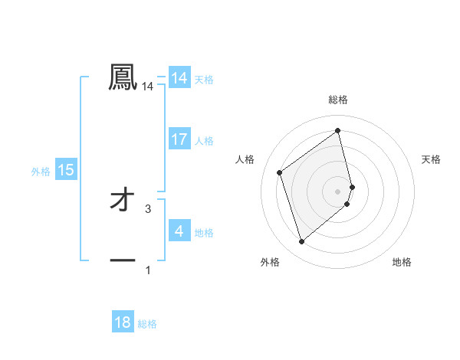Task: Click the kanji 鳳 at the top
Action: point(123,78)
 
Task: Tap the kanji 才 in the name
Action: point(123,201)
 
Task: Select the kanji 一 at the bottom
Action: point(123,260)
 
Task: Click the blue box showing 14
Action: point(179,78)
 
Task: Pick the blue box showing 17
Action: point(179,139)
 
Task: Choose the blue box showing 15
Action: point(66,170)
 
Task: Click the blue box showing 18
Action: point(123,322)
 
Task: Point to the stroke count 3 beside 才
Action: point(148,208)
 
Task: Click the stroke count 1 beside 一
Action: point(148,270)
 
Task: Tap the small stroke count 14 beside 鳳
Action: point(148,87)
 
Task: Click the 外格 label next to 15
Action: point(41,172)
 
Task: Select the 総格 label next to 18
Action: point(147,324)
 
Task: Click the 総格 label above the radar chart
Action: point(338,100)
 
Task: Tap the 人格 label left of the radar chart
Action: point(245,159)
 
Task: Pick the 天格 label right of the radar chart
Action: point(432,159)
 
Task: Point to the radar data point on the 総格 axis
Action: point(338,130)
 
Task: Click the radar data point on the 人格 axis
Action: point(280,172)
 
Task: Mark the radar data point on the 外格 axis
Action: point(301,242)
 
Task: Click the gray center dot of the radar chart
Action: point(338,191)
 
